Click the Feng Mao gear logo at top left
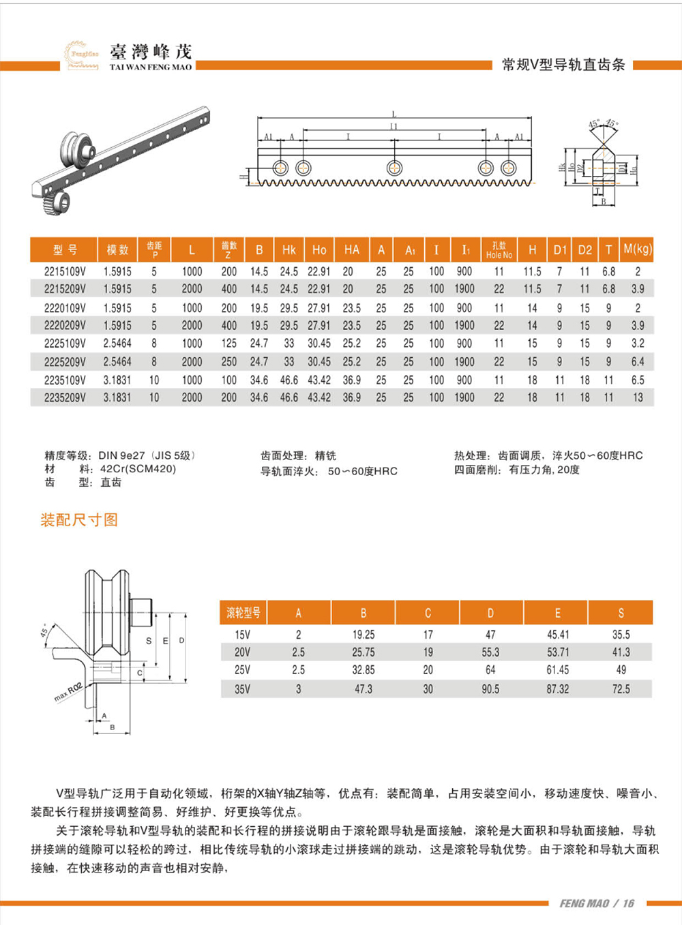point(81,55)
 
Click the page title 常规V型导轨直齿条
point(563,65)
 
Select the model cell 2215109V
point(65,271)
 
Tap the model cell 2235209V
point(65,397)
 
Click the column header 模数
point(117,250)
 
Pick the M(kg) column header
point(637,249)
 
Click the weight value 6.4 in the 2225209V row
point(637,362)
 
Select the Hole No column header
point(499,250)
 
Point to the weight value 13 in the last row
point(637,397)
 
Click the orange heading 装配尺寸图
point(79,520)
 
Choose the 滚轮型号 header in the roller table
point(243,613)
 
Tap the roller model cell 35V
point(242,689)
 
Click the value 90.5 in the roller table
point(490,689)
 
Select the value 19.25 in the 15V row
point(363,635)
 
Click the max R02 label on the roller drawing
point(68,692)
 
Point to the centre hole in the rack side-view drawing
point(394,168)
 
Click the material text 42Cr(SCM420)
point(138,469)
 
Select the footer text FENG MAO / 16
point(597,903)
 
